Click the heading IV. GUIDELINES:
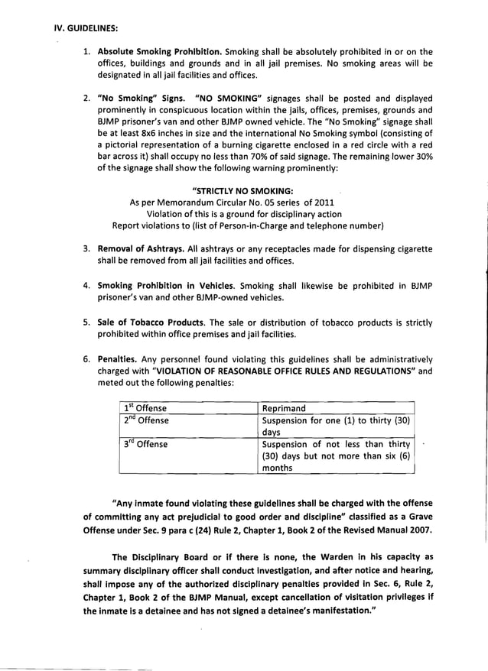click(x=85, y=28)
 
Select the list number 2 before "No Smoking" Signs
click(x=87, y=99)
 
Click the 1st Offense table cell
click(x=146, y=408)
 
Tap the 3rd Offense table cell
click(x=146, y=443)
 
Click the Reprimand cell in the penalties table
click(x=284, y=408)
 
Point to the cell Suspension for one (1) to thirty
click(x=337, y=420)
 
